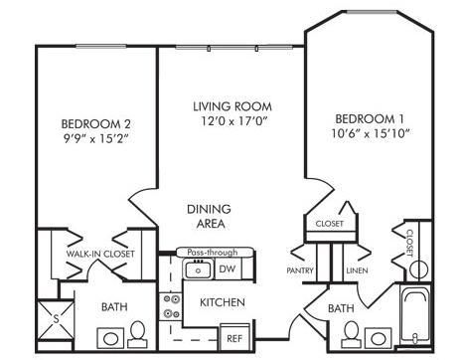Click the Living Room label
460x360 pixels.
point(232,106)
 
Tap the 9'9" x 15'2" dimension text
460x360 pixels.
point(95,138)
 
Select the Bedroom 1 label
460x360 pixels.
point(370,118)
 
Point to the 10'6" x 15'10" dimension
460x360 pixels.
point(371,133)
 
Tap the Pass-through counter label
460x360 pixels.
point(213,252)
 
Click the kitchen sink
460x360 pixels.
point(198,270)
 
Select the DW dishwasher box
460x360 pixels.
point(229,270)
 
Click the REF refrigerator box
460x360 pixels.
point(234,337)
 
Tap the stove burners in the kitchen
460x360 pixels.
point(171,306)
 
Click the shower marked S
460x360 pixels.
point(56,320)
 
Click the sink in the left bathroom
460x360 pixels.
point(110,338)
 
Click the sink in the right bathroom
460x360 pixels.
point(378,338)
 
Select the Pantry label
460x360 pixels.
point(300,270)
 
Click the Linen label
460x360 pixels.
point(357,270)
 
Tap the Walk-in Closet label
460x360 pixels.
point(100,254)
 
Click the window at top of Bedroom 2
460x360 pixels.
point(100,47)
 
